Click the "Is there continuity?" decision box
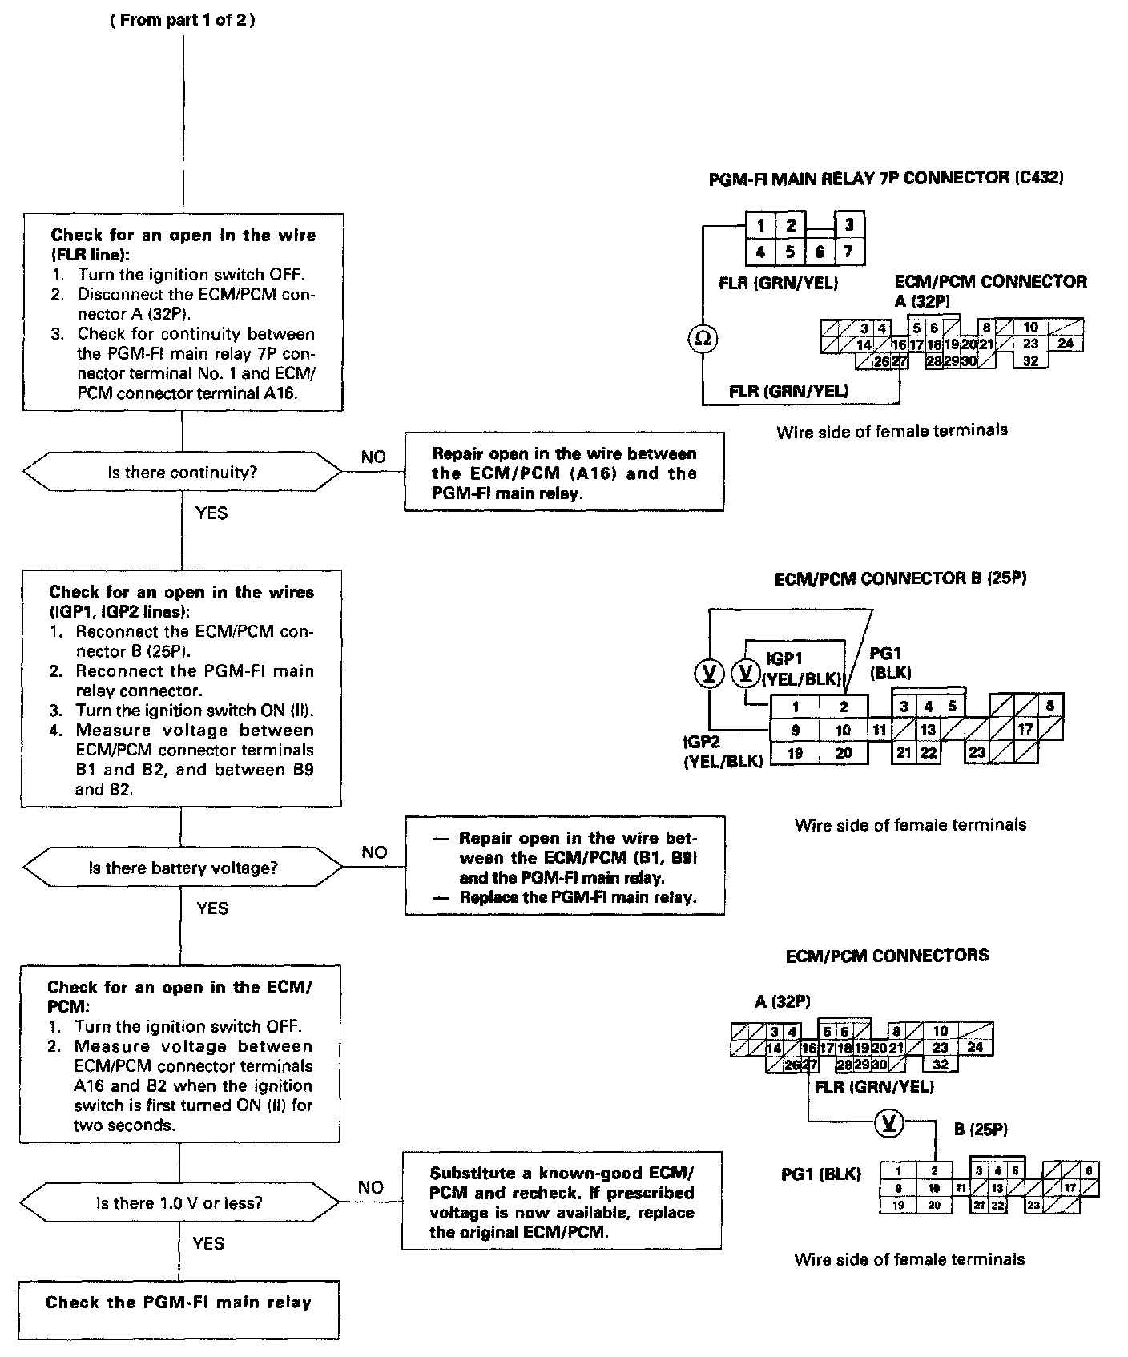(x=183, y=473)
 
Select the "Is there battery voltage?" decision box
(x=183, y=868)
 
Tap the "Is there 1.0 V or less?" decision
(x=179, y=1202)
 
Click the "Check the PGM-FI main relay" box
(x=179, y=1303)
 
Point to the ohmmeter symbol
(x=703, y=339)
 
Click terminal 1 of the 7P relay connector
(x=760, y=226)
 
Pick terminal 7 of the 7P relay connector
(x=848, y=252)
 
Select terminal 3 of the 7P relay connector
(x=849, y=225)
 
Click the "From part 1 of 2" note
(x=183, y=21)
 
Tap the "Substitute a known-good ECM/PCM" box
(x=562, y=1202)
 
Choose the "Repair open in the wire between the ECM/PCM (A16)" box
(x=564, y=473)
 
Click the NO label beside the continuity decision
(x=373, y=457)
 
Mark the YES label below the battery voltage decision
(x=212, y=908)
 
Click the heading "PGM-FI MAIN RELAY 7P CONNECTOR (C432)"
(x=886, y=178)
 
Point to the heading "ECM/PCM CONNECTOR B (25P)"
(x=900, y=578)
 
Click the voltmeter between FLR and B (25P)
(x=888, y=1123)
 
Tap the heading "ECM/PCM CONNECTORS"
(x=887, y=956)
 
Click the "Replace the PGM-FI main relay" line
(x=577, y=897)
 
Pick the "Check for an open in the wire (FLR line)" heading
(x=183, y=244)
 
